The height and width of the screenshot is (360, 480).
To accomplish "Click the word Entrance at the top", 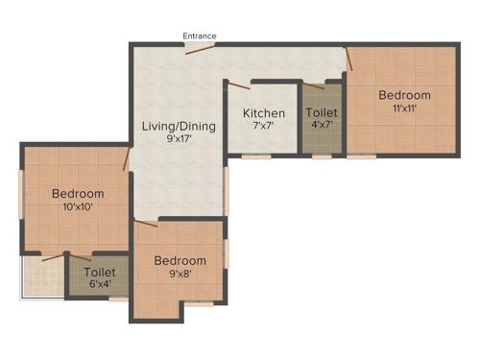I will (201, 36).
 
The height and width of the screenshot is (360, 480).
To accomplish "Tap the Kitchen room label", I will (263, 113).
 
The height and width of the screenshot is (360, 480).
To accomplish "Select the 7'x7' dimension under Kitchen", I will (263, 126).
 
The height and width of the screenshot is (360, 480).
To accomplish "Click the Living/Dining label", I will (179, 126).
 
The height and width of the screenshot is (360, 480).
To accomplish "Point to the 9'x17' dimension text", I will (179, 138).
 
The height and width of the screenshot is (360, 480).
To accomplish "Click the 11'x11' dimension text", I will (404, 108).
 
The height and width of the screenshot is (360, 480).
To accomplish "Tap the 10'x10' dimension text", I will (78, 206).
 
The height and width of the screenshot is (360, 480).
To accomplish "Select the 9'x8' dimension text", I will (180, 274).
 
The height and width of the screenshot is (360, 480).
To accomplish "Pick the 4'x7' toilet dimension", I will (322, 125).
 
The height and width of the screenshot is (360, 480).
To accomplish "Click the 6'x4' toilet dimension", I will (99, 285).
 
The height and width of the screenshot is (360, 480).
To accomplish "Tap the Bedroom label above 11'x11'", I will (404, 95).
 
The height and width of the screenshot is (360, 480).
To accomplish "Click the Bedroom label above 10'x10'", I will (78, 193).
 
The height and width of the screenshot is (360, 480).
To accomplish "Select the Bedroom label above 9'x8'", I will (180, 260).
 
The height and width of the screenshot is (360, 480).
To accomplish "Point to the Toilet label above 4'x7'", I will (322, 112).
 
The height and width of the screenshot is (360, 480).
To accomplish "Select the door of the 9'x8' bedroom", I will (146, 226).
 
